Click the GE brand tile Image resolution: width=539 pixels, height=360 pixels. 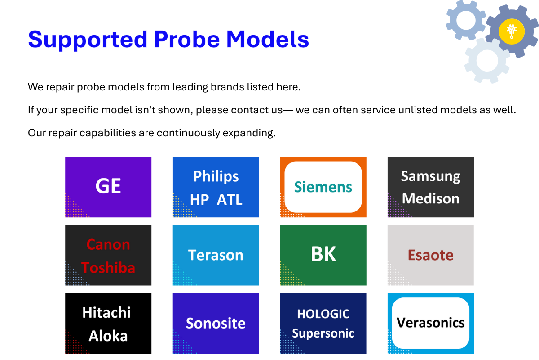point(108,187)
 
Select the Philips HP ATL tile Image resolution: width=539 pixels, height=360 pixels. point(216,187)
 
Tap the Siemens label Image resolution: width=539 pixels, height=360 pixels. point(323,187)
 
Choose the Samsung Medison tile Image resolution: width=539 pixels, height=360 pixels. point(430,187)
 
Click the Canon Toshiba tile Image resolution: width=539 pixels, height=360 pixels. point(108,256)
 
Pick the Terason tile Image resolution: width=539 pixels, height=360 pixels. point(216,255)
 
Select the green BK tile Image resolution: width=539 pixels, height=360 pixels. point(323,255)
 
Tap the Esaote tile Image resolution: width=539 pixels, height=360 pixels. point(430,255)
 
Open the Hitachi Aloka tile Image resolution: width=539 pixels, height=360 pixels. point(108,324)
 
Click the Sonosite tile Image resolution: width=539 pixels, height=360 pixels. point(216,324)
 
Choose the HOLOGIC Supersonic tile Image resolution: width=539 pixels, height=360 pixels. point(323,324)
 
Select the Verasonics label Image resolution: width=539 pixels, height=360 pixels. point(430,323)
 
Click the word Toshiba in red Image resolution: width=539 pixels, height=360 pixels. point(108,268)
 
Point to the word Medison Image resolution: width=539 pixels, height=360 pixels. point(430,198)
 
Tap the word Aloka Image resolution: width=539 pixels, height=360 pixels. point(108,336)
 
